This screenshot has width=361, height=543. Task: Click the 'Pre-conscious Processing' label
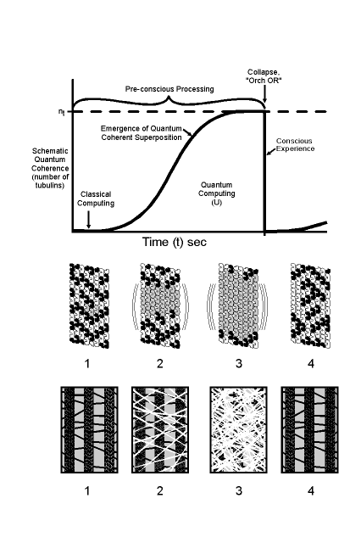tap(169, 89)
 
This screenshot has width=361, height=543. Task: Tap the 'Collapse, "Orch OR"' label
tap(264, 76)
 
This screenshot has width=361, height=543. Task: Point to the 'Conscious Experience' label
tap(295, 145)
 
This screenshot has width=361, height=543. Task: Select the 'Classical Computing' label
tap(96, 199)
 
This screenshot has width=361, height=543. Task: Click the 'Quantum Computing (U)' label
tap(216, 193)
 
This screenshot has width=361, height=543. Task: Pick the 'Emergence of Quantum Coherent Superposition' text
tap(141, 133)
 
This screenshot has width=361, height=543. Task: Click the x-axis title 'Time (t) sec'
tap(175, 242)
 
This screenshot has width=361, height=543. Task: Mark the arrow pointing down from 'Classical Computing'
tap(88, 219)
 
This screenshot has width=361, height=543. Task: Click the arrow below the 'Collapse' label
tap(264, 95)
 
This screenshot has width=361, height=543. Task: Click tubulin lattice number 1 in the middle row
tap(90, 305)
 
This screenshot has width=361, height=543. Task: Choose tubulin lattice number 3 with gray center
tap(238, 305)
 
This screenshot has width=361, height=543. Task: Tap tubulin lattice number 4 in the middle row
tap(310, 305)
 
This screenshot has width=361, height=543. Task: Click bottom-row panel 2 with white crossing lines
tap(160, 430)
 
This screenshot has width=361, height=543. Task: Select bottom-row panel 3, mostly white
tap(238, 430)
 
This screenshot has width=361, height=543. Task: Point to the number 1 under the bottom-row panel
tap(87, 490)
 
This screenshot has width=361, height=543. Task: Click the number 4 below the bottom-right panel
tap(311, 490)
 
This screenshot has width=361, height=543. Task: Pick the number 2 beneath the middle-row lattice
tap(160, 363)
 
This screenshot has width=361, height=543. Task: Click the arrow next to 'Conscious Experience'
tap(271, 152)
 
